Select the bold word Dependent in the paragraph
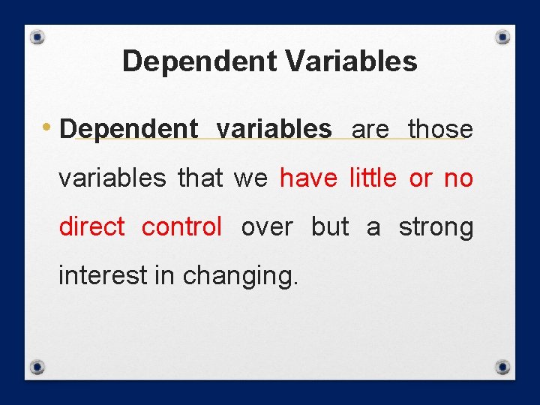(x=128, y=130)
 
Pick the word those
(x=440, y=129)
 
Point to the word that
(x=200, y=178)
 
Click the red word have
(x=307, y=178)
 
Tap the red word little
(x=373, y=178)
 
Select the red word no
(x=458, y=178)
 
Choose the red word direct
(x=91, y=226)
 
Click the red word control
(x=181, y=226)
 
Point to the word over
(x=268, y=226)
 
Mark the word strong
(x=436, y=226)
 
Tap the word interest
(x=103, y=275)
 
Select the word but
(x=330, y=226)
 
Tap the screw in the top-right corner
(x=503, y=37)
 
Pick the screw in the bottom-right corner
(x=503, y=367)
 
